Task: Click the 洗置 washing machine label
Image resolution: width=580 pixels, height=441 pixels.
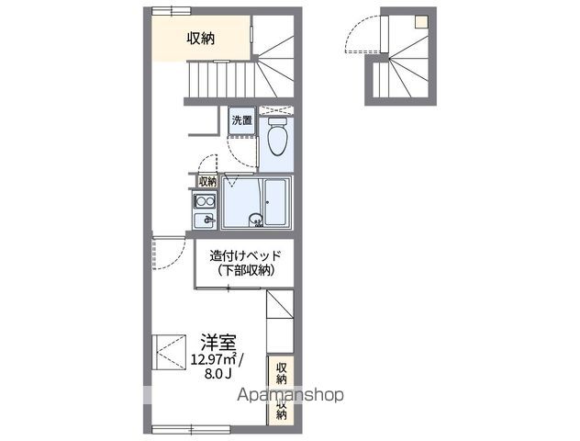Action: [x=240, y=120]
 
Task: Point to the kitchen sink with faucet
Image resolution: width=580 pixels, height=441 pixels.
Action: [x=204, y=220]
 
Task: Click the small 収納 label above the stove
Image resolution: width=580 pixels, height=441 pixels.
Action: [x=208, y=182]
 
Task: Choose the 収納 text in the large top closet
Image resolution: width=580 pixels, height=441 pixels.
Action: [x=201, y=38]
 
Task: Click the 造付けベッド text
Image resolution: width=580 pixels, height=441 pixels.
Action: [x=245, y=255]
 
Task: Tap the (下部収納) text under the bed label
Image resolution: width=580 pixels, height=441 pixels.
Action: [x=245, y=270]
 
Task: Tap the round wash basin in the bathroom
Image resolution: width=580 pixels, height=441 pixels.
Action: [x=257, y=219]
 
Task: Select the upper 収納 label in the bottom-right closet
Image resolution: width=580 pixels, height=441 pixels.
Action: [x=281, y=371]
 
